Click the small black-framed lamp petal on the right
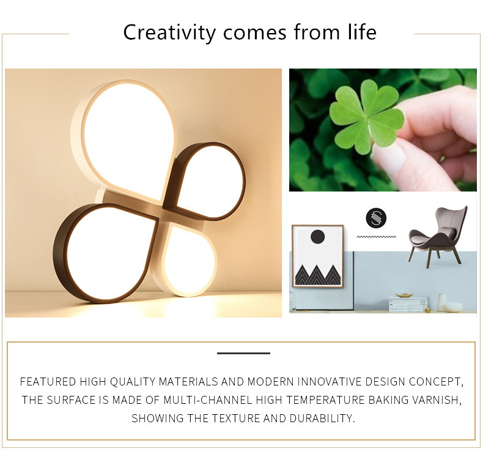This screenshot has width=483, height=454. coord(205,181)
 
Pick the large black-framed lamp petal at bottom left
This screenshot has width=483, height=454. coord(105,253)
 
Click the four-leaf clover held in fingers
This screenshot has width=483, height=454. coord(366,117)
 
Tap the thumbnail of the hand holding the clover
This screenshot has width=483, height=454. coord(383,130)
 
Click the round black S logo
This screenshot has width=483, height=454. coord(376,218)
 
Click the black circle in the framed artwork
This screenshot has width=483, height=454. coord(317,237)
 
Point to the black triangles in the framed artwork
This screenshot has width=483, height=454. coord(318,275)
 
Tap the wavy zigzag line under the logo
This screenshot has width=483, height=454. coord(377,237)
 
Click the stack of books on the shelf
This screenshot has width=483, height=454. coord(408,305)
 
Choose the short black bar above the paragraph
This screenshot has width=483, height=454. coord(244,353)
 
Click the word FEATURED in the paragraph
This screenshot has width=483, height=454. coord(48,382)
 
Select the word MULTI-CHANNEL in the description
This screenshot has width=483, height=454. coord(208,400)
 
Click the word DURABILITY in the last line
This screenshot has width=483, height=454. coord(322,419)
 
